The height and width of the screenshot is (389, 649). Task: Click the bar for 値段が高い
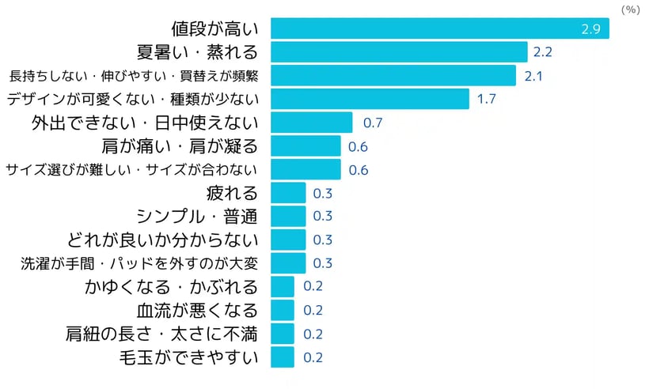440,29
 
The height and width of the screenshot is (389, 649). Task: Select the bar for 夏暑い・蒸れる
399,53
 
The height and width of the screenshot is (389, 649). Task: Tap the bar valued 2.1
393,76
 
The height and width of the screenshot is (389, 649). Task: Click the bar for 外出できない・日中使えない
311,123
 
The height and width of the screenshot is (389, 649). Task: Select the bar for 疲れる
288,193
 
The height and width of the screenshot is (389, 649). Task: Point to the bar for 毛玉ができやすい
283,357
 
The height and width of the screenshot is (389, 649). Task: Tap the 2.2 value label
544,53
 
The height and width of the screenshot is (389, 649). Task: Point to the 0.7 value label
372,123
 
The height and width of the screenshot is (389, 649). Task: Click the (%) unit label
630,9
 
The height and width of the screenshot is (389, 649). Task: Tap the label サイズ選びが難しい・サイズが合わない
132,169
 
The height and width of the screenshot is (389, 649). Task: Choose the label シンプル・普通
198,216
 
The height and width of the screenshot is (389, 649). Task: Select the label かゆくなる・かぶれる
171,286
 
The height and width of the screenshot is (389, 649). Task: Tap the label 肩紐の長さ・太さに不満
162,333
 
